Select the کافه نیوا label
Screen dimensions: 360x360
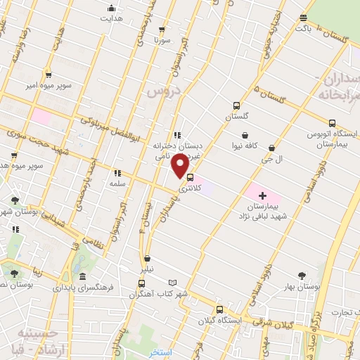pos(245,146)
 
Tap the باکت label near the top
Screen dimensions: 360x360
pos(303,30)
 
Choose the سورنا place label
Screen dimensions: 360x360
pos(163,41)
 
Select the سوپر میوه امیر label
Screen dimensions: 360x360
pos(46,85)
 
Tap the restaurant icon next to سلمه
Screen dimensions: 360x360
pos(117,172)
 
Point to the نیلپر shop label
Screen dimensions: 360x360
pos(146,269)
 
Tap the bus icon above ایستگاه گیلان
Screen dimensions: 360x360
pos(220,309)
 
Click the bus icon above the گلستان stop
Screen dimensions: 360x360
pos(236,106)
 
